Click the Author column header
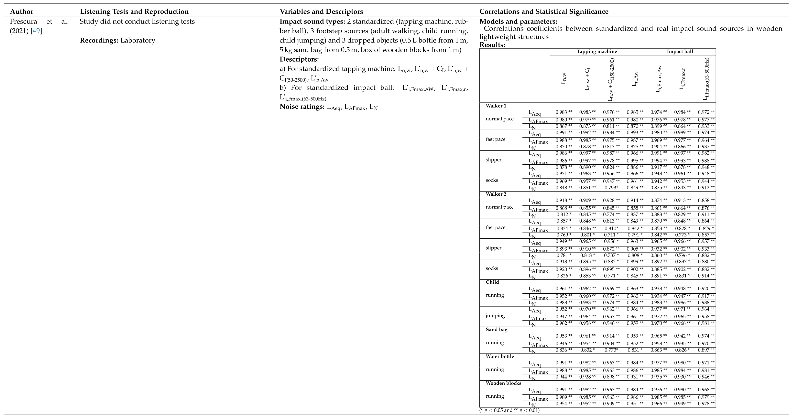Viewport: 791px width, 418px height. pos(22,12)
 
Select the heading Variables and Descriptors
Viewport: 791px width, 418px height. pos(321,12)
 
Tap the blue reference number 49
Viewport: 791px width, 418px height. pos(36,31)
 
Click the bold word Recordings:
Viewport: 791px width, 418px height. pos(99,40)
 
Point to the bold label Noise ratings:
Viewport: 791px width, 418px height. pos(302,107)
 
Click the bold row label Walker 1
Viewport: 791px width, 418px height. pos(496,106)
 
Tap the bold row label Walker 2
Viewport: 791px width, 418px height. pos(496,194)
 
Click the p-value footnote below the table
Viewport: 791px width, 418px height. pos(509,410)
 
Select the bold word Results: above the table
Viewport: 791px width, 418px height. pos(492,45)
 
